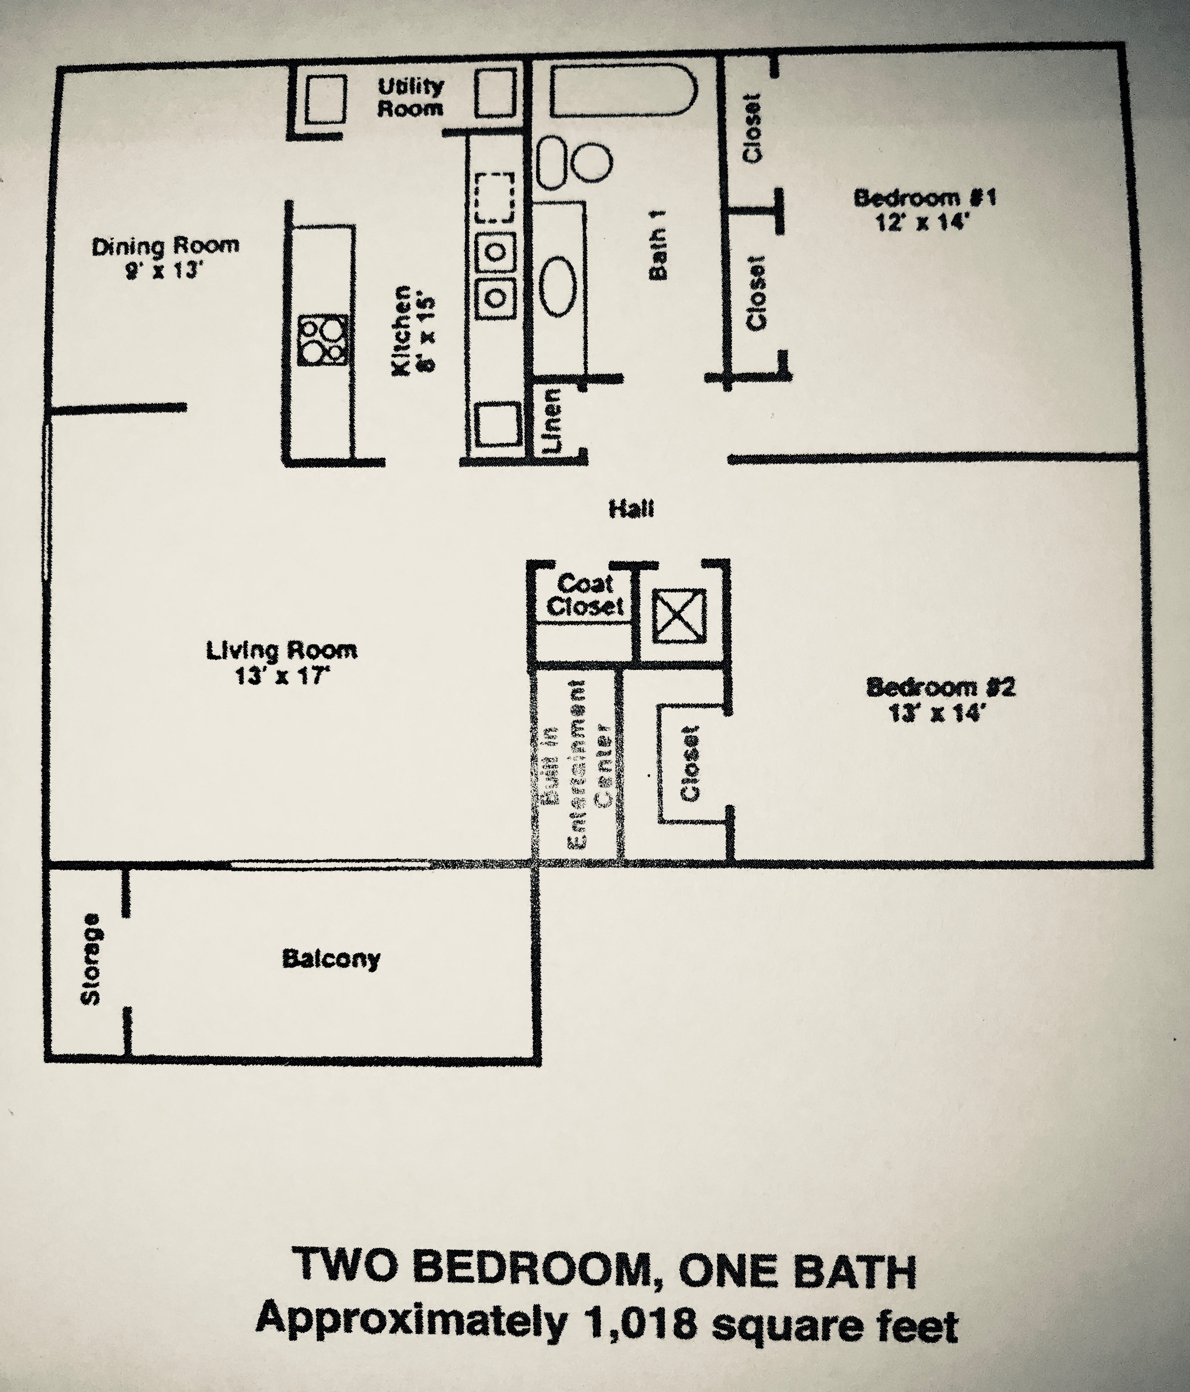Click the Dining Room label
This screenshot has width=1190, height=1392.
point(165,246)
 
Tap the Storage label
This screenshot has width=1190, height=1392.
point(91,959)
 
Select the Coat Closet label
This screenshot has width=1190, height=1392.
point(585,595)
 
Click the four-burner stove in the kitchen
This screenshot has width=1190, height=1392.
point(324,340)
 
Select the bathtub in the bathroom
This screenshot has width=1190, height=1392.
point(623,92)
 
